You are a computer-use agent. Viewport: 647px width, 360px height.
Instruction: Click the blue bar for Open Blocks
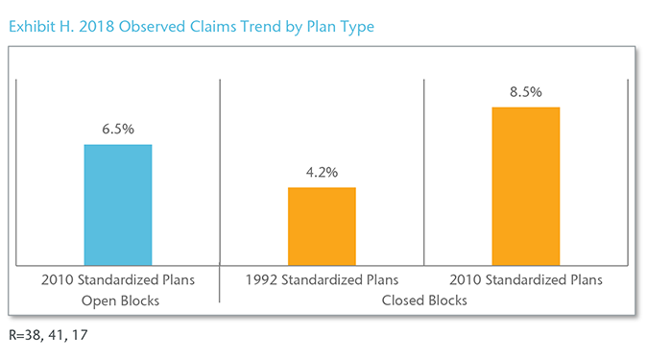pyautogui.click(x=118, y=204)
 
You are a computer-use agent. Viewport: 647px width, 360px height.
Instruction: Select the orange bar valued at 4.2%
pyautogui.click(x=323, y=226)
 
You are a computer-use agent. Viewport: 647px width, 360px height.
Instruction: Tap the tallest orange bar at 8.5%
pyautogui.click(x=526, y=185)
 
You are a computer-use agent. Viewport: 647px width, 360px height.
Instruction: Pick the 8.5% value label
pyautogui.click(x=526, y=92)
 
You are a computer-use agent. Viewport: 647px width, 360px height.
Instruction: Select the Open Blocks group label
pyautogui.click(x=118, y=300)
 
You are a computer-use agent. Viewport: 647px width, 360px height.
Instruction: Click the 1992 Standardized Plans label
pyautogui.click(x=323, y=281)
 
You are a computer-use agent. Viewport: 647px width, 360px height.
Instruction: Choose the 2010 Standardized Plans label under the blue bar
pyautogui.click(x=118, y=281)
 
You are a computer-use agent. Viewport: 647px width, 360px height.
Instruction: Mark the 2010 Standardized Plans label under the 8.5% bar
pyautogui.click(x=526, y=281)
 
